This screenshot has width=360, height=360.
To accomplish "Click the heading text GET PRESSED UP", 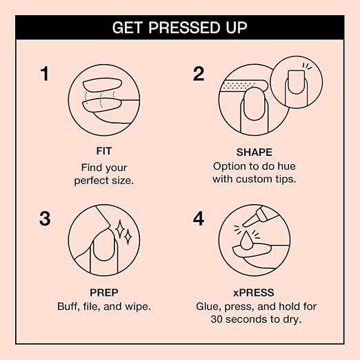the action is tap(179, 28).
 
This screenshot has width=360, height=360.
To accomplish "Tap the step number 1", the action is tap(45, 74).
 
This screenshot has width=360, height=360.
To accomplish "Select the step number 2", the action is tap(199, 74).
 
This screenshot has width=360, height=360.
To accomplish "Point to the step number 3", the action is tap(45, 219).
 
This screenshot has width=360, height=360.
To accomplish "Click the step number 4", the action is tap(199, 219).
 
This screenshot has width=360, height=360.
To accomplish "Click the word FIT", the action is tap(104, 151).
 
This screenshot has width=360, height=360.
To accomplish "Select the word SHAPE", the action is tap(254, 152).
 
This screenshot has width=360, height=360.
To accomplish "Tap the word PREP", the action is tap(104, 292).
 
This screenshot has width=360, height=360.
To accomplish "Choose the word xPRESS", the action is tap(254, 292).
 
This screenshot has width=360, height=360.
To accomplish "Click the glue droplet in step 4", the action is tap(246, 241).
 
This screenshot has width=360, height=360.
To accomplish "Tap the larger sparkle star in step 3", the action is tap(120, 229).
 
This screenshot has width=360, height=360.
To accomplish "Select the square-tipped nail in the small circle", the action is tap(296, 82).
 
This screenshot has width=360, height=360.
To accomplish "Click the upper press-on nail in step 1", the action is tap(102, 85).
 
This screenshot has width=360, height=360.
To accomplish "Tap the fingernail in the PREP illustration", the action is tap(104, 246).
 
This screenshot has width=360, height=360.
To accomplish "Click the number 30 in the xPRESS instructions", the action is tap(217, 319).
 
